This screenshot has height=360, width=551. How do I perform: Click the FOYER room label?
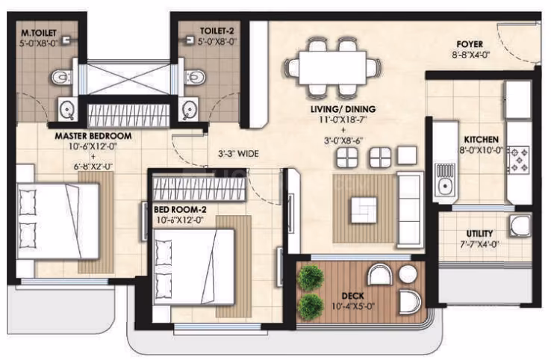[x=470, y=44]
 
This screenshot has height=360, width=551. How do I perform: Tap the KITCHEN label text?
[x=481, y=140]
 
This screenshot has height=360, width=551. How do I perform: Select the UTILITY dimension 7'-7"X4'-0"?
[x=479, y=244]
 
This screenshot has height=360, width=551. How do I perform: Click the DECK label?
[x=352, y=296]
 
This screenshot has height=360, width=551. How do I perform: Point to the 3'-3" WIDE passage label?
[x=239, y=154]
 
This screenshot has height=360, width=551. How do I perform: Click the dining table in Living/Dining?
[x=332, y=67]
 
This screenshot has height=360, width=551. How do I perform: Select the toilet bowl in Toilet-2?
[x=195, y=78]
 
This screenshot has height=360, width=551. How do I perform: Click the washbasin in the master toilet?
[x=67, y=109]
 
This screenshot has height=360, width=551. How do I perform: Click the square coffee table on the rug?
[x=364, y=210]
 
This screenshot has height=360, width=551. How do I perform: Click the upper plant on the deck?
[x=311, y=278]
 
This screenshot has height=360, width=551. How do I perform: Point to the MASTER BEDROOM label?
[x=93, y=136]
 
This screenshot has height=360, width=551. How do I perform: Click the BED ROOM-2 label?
[x=180, y=210]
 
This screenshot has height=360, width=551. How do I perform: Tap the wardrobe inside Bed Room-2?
[x=199, y=190]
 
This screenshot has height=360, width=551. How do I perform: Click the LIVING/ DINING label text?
[x=343, y=109]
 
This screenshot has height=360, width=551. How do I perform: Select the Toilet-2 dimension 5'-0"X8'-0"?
[x=217, y=42]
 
